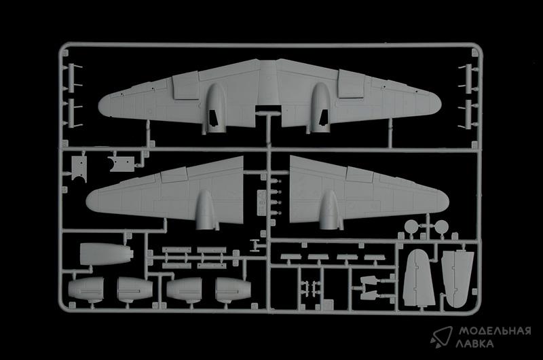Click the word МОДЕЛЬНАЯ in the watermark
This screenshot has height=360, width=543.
(495, 331)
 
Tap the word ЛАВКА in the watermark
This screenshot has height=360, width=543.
(474, 344)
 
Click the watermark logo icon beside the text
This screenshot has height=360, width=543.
(441, 337)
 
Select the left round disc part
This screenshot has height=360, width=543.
(411, 226)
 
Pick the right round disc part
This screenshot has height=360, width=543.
(441, 227)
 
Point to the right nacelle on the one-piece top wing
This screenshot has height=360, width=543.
(320, 108)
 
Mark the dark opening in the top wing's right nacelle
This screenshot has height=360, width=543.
(323, 117)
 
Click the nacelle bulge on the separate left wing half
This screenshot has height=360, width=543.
(206, 211)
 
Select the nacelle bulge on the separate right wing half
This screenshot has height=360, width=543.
(329, 211)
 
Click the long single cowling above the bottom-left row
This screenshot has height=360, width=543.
(106, 254)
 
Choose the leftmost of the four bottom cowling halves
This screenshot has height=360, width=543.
(86, 289)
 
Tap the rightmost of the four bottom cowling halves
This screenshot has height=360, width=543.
(233, 289)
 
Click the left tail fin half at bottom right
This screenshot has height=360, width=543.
(419, 278)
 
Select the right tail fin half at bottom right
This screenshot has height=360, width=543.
(457, 278)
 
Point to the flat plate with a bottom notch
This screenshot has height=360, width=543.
(79, 168)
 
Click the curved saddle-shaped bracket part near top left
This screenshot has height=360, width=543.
(121, 164)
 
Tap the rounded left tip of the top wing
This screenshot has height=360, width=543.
(102, 107)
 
